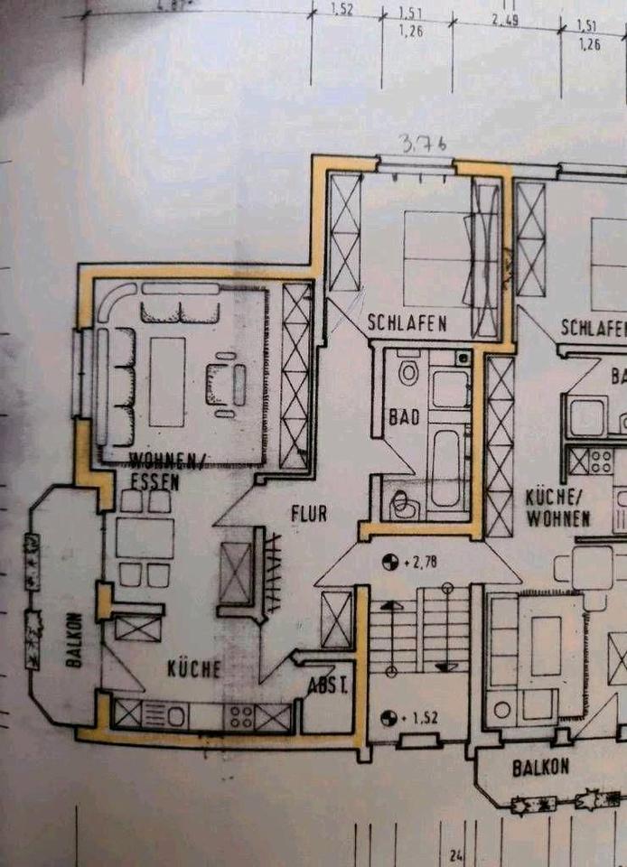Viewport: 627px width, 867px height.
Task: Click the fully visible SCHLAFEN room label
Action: click(x=407, y=322)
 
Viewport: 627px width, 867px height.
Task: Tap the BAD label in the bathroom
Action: click(x=400, y=417)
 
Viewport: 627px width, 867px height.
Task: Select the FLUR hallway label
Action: click(x=308, y=513)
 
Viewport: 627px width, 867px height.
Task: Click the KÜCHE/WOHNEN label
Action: click(x=557, y=508)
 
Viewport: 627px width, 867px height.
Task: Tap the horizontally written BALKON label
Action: click(x=540, y=768)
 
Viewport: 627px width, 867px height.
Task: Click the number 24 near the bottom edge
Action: click(x=454, y=854)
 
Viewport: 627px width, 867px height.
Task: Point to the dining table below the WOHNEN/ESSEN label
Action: click(x=145, y=538)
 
